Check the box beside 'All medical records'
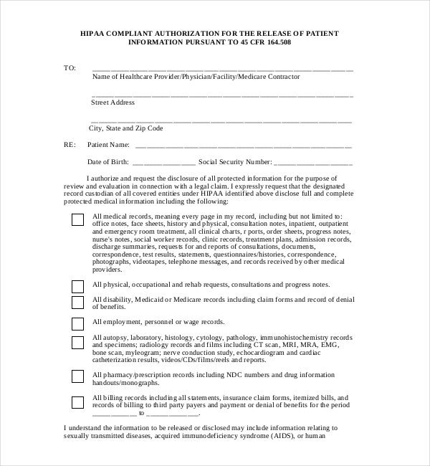77,220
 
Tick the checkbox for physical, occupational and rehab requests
77,286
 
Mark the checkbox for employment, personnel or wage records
77,323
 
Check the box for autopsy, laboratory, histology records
77,343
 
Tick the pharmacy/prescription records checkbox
77,376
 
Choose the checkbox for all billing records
77,401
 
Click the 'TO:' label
70,68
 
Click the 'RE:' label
70,145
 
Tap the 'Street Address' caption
113,103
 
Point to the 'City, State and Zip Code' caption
126,128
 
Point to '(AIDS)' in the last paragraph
279,436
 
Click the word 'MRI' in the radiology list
289,345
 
